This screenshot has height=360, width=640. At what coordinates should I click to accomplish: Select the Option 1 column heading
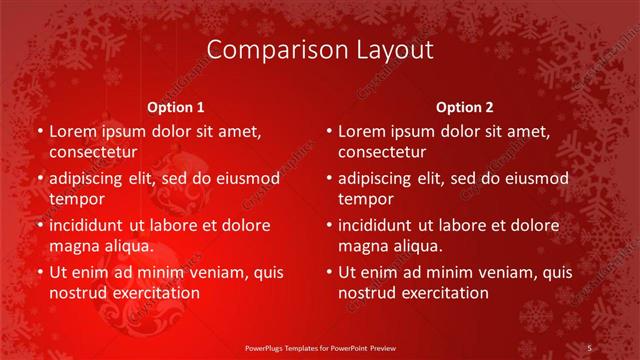click(x=176, y=107)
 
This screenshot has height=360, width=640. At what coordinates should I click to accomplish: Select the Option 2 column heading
click(x=464, y=107)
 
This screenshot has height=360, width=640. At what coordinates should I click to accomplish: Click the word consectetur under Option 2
click(x=382, y=152)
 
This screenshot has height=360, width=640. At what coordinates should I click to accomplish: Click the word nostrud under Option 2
click(x=367, y=292)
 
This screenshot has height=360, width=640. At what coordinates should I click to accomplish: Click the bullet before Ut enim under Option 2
click(x=328, y=272)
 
